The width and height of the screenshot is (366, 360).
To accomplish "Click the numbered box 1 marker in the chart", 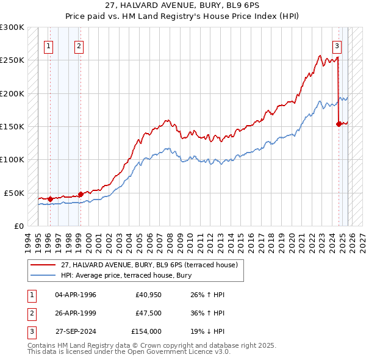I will coord(48,45).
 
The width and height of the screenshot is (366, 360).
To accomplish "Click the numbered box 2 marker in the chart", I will coord(79,45).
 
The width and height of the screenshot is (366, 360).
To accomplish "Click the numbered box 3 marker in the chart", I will coord(336,45).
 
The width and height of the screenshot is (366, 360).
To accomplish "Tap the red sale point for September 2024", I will coord(339,124).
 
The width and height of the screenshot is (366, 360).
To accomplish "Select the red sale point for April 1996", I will coord(49,198).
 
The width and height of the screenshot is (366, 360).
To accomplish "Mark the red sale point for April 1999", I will coord(81,194).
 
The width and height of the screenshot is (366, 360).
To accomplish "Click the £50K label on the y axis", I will coord(14,193).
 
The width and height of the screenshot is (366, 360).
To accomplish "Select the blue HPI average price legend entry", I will coord(126,276).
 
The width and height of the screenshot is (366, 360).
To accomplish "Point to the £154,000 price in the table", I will coord(146,331).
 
